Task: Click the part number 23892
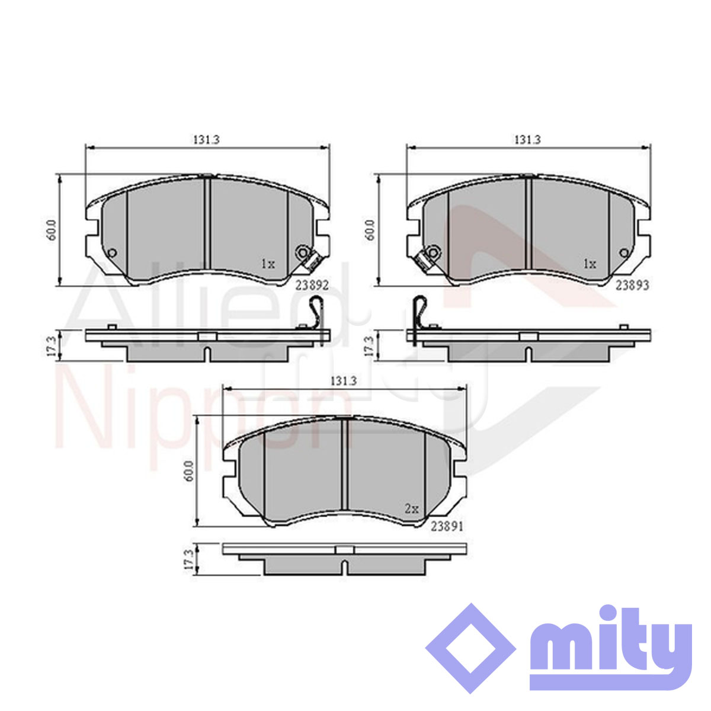click(x=312, y=285)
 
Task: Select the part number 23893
click(x=632, y=285)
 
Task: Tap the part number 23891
click(x=447, y=527)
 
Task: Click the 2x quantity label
click(x=412, y=509)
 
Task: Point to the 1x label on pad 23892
click(x=268, y=264)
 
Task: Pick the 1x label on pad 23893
click(x=590, y=264)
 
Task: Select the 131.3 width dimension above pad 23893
click(x=528, y=140)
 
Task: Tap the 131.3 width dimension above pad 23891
click(x=344, y=381)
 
